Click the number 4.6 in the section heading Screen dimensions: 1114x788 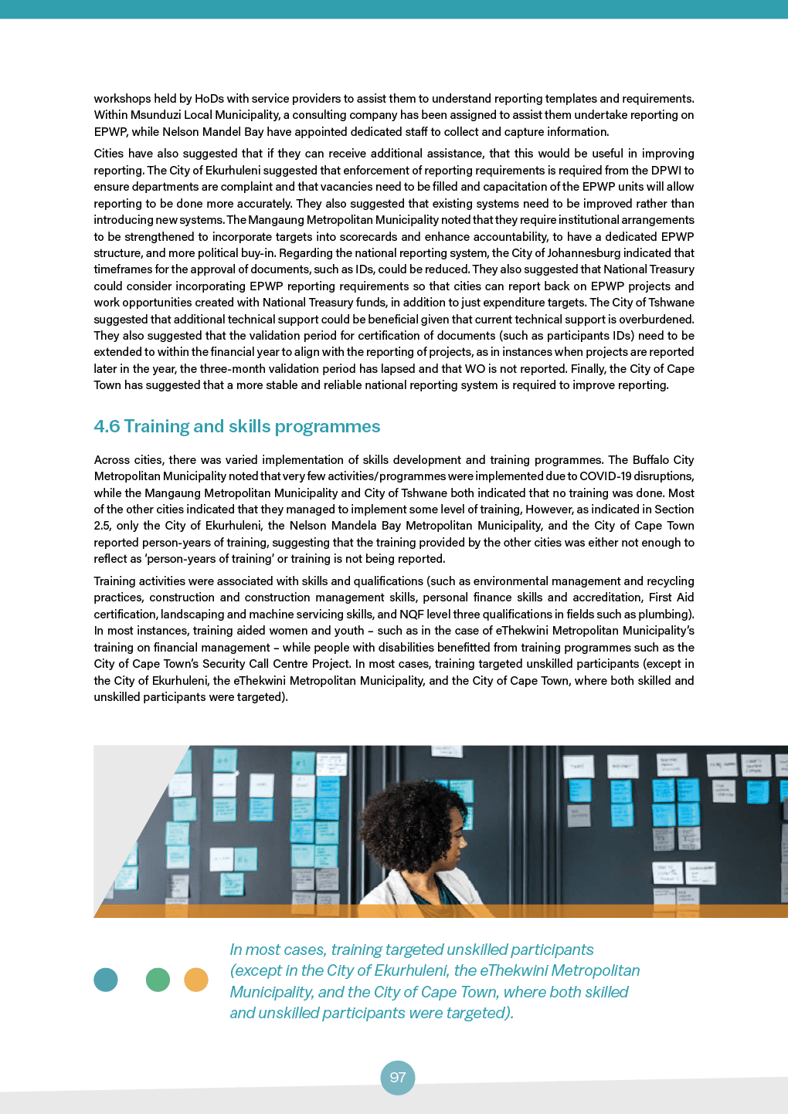click(x=107, y=427)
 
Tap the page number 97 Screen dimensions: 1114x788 click(x=398, y=1078)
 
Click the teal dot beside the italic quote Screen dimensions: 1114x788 click(x=106, y=980)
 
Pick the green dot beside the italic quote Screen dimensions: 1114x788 click(x=158, y=980)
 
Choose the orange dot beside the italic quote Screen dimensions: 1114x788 click(x=196, y=980)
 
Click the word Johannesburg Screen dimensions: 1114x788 click(x=609, y=253)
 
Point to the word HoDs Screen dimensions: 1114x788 click(x=209, y=99)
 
